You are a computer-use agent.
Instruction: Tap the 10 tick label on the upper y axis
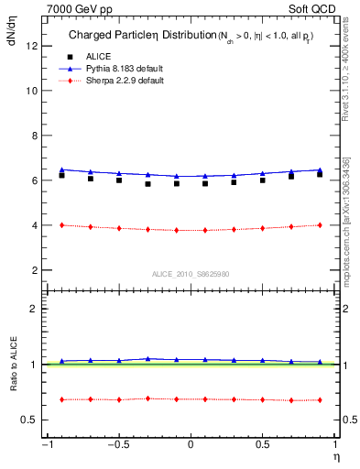click(x=31, y=91)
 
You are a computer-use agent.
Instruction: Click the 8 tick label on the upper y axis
click(x=34, y=136)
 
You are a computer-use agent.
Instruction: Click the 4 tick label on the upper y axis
click(x=34, y=225)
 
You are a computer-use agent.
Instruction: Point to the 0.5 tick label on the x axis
click(x=263, y=445)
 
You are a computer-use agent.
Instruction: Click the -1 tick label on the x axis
click(x=45, y=445)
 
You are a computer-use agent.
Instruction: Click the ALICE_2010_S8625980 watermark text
click(x=190, y=274)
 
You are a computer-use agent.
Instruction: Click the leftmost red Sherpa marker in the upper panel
click(x=61, y=224)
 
